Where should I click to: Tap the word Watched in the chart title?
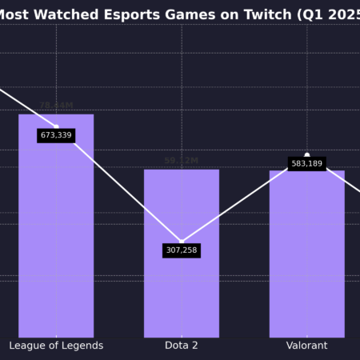72,14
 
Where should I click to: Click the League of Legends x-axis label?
56,346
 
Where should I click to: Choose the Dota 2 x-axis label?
182,346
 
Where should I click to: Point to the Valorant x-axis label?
306,346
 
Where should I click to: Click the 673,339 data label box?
56,135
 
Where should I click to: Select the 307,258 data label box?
182,250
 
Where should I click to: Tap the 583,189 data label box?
306,163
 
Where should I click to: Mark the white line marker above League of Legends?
56,126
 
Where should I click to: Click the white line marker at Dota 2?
182,241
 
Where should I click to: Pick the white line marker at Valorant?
306,155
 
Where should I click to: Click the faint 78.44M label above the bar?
56,106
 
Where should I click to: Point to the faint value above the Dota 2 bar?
182,161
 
